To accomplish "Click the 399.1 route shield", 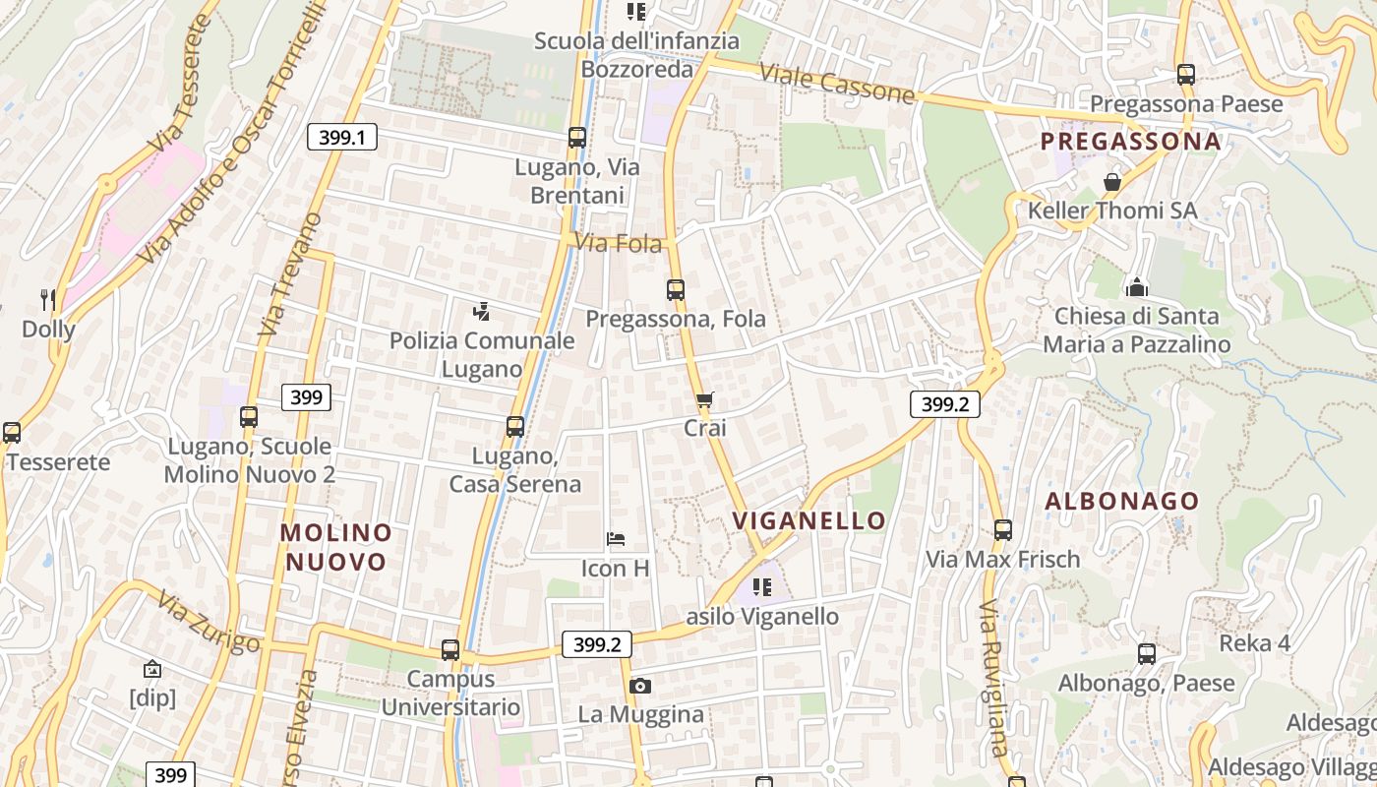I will [342, 137].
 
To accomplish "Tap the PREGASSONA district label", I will [1131, 142].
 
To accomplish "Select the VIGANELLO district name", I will [809, 520].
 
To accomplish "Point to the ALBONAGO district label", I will [1122, 501].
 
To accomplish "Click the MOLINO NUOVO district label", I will [335, 547].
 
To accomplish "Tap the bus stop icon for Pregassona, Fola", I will [676, 290].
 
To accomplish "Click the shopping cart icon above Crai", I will [704, 400].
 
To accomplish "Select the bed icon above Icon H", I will [616, 539].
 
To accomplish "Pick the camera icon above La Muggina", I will [640, 686].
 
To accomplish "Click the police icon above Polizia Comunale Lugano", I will [481, 313].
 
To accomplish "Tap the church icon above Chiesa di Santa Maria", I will [1137, 287].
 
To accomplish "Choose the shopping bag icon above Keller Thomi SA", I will [1112, 182].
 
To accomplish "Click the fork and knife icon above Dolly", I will [47, 299].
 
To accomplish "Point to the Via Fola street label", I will [619, 242].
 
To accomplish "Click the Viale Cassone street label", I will [837, 86].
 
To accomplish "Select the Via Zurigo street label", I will [208, 624].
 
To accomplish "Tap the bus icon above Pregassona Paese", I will [1186, 75].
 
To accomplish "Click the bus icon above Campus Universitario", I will [450, 650].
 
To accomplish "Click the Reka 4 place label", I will [1254, 643].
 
